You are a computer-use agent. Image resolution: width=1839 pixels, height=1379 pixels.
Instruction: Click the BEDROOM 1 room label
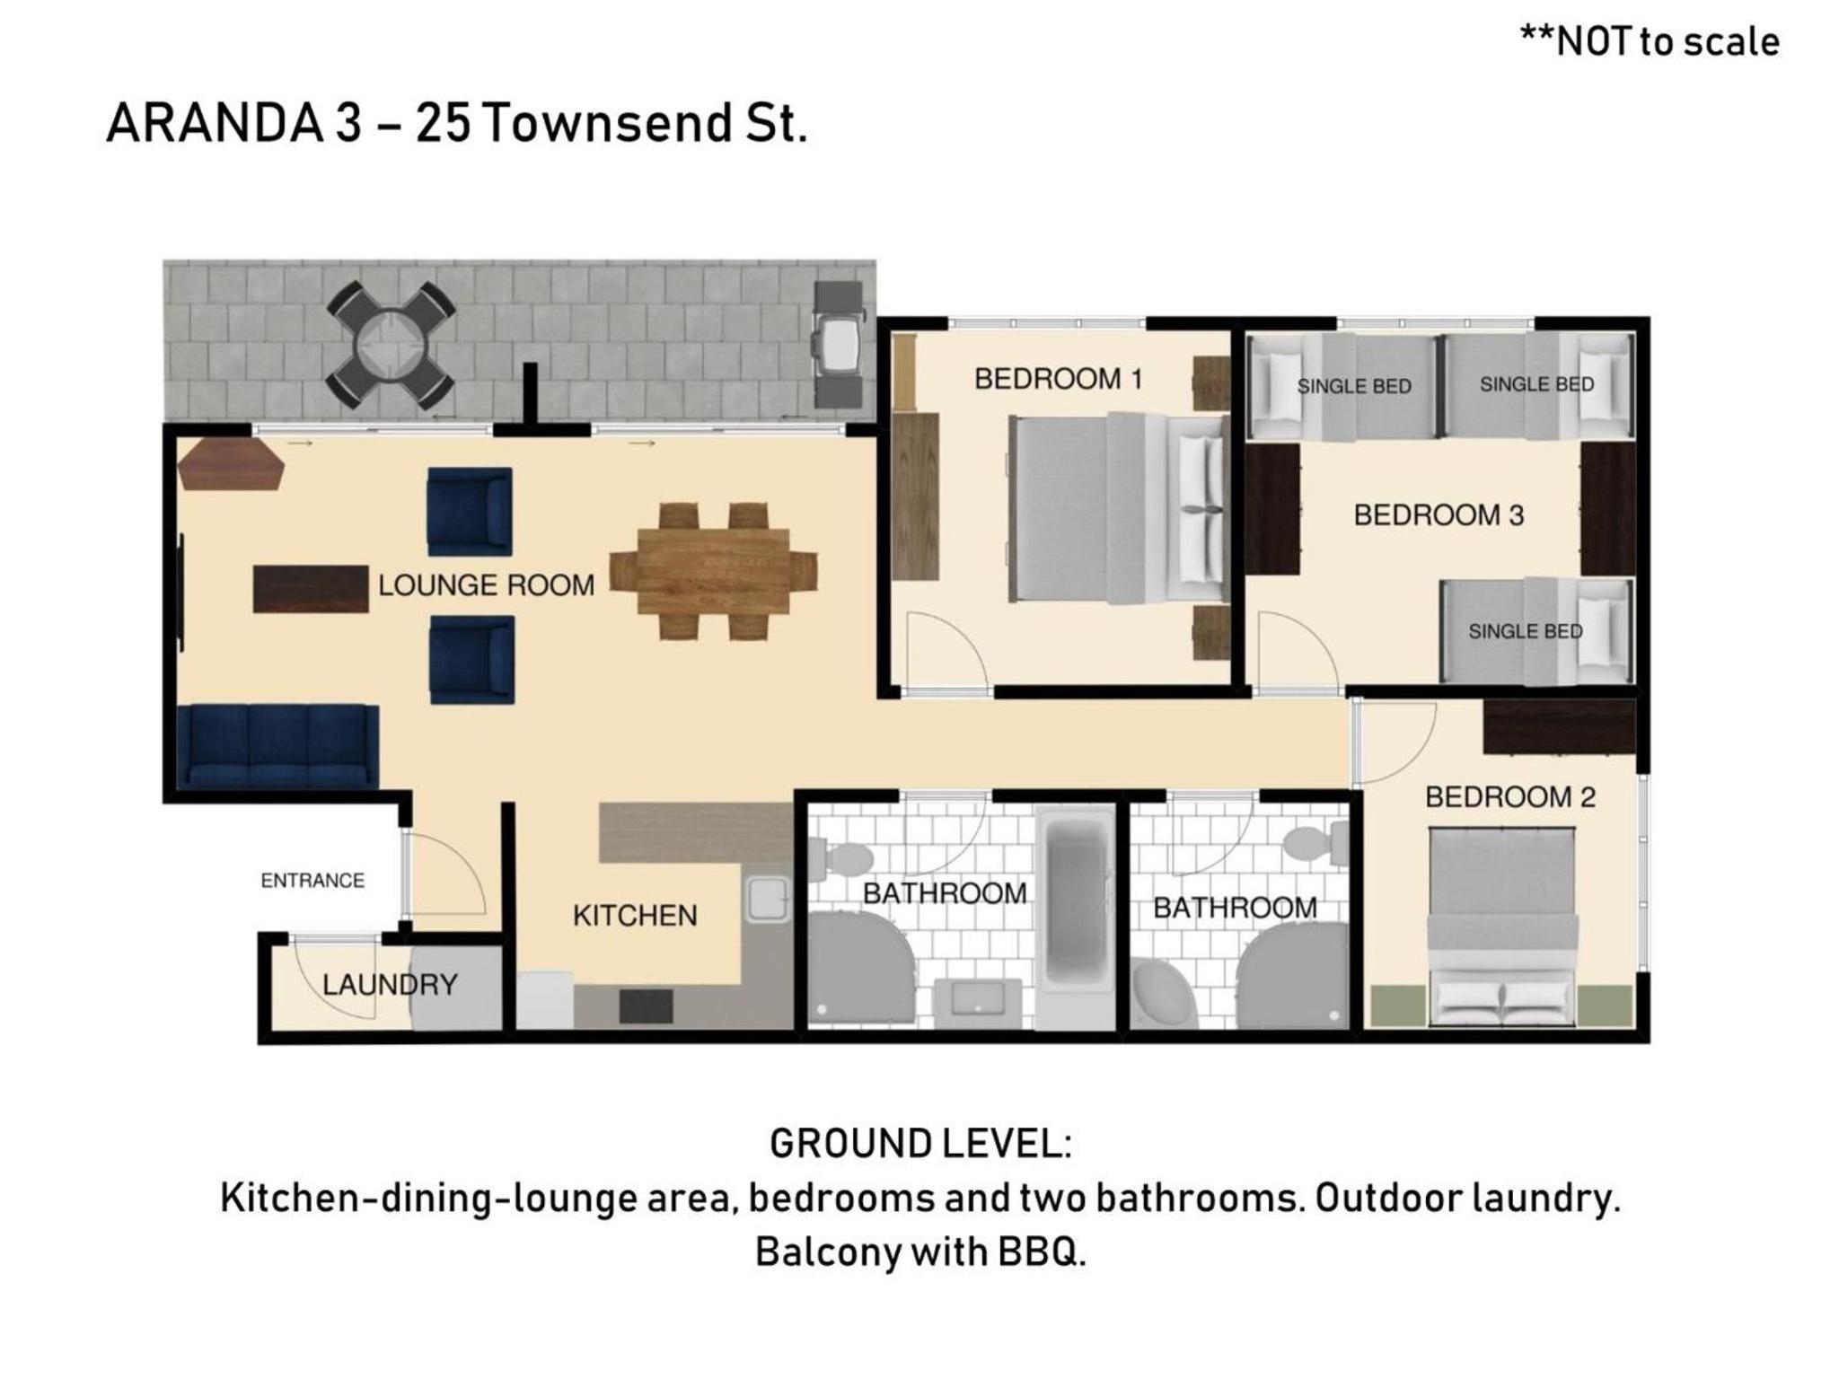[x=1058, y=379]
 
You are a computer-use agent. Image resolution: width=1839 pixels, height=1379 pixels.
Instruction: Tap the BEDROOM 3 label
[x=1439, y=515]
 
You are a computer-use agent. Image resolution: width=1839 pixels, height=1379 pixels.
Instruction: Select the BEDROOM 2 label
[x=1510, y=796]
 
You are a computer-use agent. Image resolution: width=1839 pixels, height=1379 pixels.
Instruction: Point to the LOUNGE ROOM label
[x=486, y=585]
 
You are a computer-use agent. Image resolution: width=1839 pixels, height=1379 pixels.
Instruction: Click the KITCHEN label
[x=635, y=916]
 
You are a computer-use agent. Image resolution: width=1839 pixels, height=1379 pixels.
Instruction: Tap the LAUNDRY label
[x=390, y=985]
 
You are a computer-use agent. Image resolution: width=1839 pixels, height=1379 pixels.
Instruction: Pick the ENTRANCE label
[x=312, y=881]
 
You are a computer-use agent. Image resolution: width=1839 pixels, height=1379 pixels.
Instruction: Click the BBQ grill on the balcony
[x=838, y=342]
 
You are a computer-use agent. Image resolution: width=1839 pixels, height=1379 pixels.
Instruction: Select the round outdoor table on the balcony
[x=391, y=343]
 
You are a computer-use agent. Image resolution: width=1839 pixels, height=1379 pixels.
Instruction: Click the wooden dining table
[x=714, y=571]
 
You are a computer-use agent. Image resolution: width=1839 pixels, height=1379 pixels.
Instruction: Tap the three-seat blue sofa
[x=277, y=747]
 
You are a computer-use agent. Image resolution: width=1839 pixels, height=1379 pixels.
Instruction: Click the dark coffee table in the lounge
[x=311, y=589]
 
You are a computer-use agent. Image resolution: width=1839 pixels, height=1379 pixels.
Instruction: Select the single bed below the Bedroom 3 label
[x=1536, y=631]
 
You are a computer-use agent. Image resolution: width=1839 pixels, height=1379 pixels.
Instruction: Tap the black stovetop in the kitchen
[x=647, y=1006]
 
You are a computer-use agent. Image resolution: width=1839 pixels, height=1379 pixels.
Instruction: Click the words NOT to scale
[x=1667, y=42]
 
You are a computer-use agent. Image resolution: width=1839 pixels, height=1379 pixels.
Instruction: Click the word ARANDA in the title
[x=216, y=123]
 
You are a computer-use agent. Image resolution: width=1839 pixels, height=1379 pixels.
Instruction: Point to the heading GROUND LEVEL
[x=920, y=1144]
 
